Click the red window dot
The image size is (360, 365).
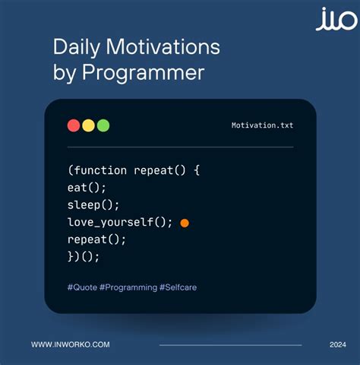coord(74,125)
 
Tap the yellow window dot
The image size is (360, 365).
coord(88,125)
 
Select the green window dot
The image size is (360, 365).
coord(103,125)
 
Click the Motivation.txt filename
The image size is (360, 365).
coord(262,125)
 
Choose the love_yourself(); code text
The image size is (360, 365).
coord(119,222)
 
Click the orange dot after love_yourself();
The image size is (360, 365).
coord(185,223)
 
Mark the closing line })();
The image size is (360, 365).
coord(84,257)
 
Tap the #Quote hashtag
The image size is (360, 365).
coord(81,287)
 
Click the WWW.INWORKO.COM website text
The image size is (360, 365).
coord(70,344)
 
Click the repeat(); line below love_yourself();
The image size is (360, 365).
coord(96,240)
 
